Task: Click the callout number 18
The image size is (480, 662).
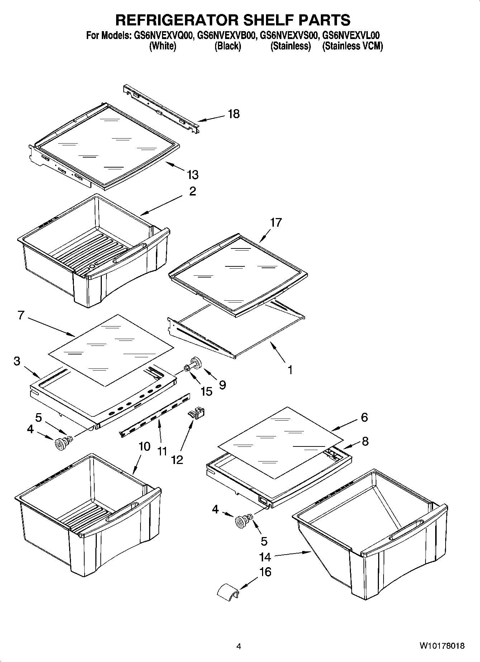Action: (x=233, y=114)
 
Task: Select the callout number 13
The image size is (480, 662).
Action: (x=193, y=175)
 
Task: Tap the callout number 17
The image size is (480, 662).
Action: (x=276, y=222)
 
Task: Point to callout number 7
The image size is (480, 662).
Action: (x=20, y=315)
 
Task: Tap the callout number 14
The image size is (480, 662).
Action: (x=265, y=557)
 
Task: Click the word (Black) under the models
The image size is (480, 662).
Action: (x=228, y=46)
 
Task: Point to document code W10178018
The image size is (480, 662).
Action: (x=442, y=646)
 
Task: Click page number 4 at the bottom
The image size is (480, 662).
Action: (x=238, y=646)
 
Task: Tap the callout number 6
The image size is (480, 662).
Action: (x=364, y=417)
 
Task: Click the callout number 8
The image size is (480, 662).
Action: (x=365, y=441)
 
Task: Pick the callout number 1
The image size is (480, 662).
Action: (x=290, y=369)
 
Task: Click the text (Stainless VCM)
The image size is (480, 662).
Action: (x=352, y=46)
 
